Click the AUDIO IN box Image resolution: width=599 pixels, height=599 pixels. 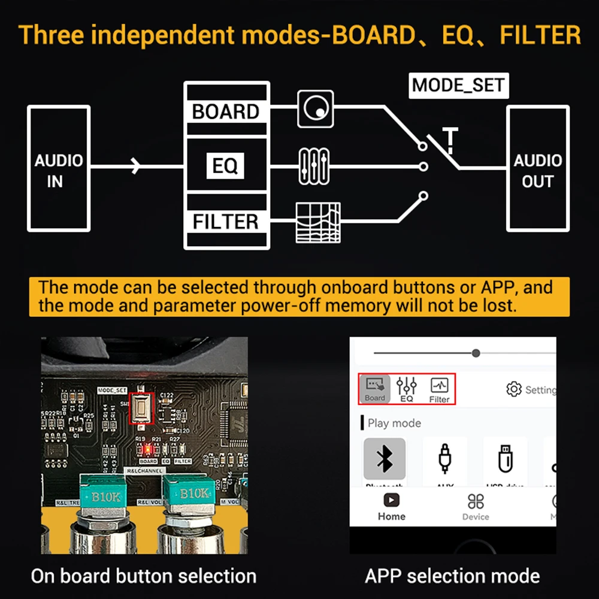(x=59, y=169)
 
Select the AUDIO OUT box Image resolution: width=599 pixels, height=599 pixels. (x=537, y=169)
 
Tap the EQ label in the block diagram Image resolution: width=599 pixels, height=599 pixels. (x=225, y=165)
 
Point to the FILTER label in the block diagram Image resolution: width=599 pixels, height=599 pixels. (x=226, y=222)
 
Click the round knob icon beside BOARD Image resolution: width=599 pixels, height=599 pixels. (x=314, y=108)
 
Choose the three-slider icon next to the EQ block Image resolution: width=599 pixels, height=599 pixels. (x=314, y=166)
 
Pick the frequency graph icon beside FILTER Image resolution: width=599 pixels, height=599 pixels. (x=318, y=222)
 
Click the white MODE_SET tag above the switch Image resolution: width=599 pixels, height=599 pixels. (x=459, y=86)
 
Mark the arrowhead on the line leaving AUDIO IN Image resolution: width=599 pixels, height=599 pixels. (x=137, y=166)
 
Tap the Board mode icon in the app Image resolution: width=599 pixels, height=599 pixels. (x=375, y=389)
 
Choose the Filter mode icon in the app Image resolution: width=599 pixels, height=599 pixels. (x=439, y=389)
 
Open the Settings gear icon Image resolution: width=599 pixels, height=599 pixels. (x=513, y=389)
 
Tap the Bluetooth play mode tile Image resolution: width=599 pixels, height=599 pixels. (x=385, y=460)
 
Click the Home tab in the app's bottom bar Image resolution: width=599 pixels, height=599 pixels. (x=392, y=507)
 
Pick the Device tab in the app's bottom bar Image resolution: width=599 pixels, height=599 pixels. (x=476, y=507)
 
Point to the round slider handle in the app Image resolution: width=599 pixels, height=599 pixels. (x=476, y=353)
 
